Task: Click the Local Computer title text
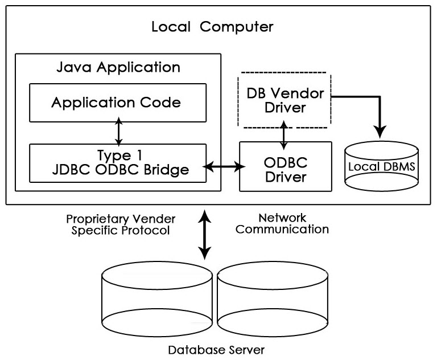pyautogui.click(x=212, y=26)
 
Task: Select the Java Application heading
pyautogui.click(x=118, y=67)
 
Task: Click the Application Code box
pyautogui.click(x=118, y=103)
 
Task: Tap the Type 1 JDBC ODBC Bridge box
pyautogui.click(x=118, y=163)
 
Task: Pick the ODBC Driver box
pyautogui.click(x=285, y=167)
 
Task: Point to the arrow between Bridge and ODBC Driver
pyautogui.click(x=225, y=167)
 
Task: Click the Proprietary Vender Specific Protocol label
pyautogui.click(x=121, y=224)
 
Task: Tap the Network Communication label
pyautogui.click(x=282, y=224)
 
